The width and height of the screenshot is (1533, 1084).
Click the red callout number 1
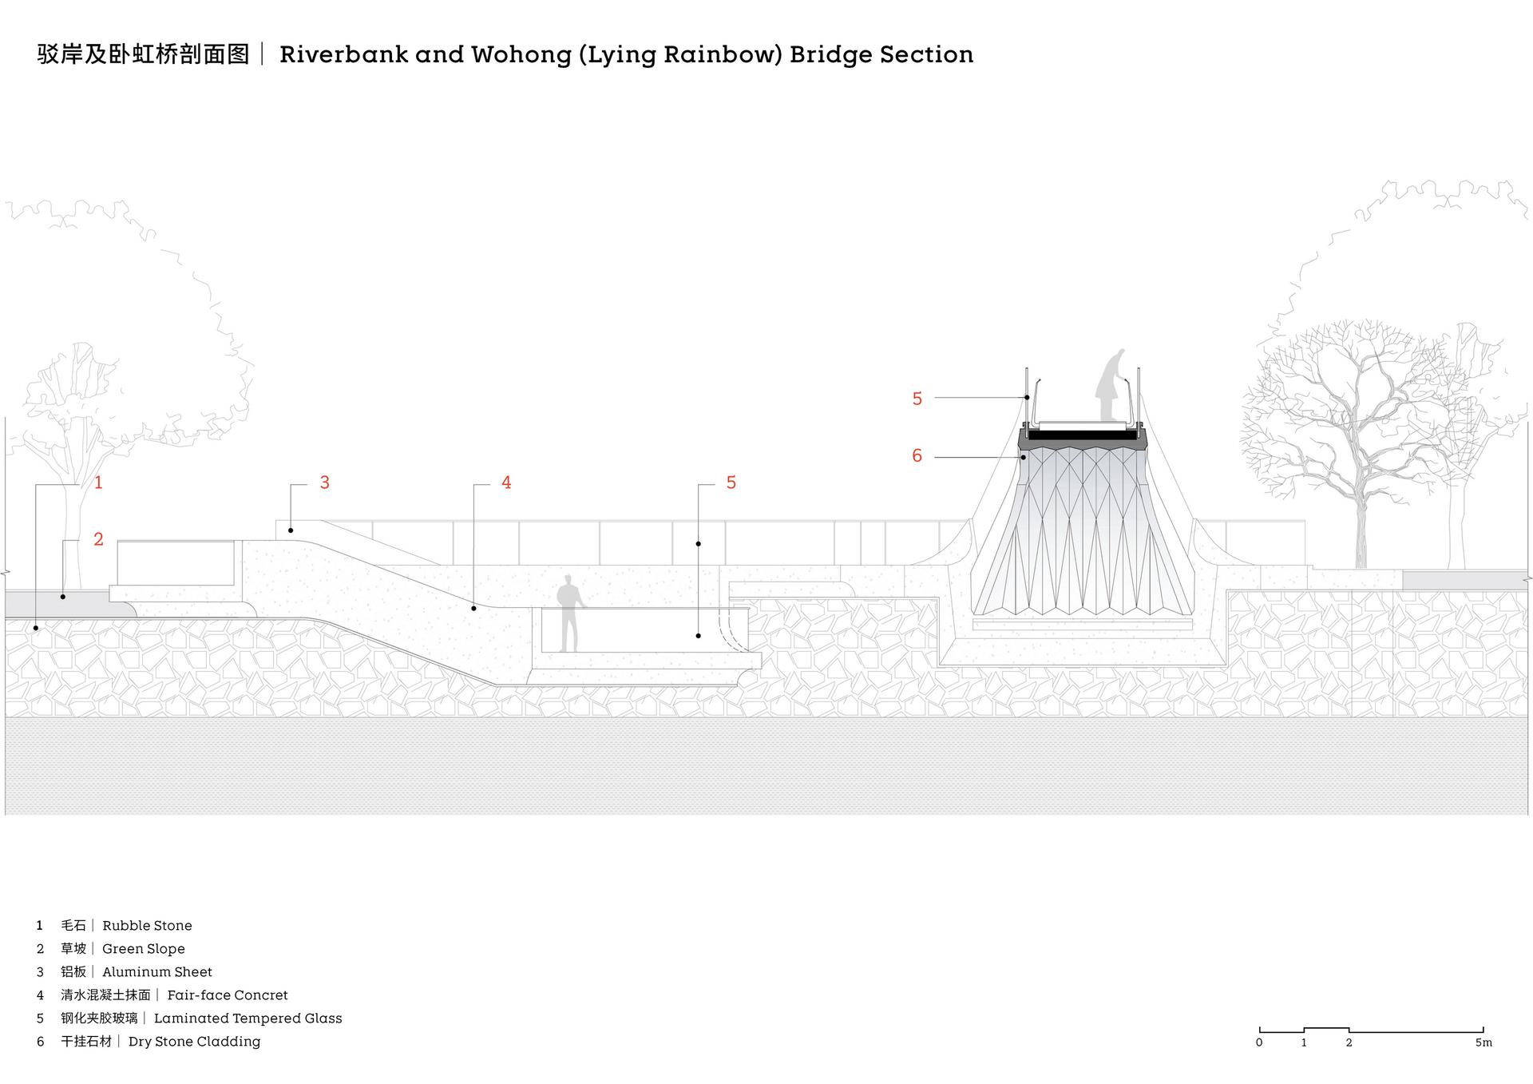tap(98, 482)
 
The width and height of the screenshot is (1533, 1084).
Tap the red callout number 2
tap(98, 539)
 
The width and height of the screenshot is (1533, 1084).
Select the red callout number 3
tap(324, 482)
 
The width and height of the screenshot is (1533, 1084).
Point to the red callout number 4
tap(506, 482)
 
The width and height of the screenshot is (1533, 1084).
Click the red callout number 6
tap(917, 456)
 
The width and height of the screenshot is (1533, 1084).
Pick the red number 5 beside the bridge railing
tap(917, 399)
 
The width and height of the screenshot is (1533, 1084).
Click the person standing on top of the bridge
tap(1114, 384)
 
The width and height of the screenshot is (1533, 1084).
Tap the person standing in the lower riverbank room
tap(568, 613)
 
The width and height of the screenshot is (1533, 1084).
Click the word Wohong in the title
tap(521, 54)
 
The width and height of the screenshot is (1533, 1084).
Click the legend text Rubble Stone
tap(147, 926)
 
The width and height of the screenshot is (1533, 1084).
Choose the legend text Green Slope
tap(144, 949)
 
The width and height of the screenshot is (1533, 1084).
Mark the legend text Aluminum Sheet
tap(157, 972)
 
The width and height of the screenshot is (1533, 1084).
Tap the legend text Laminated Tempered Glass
tap(248, 1018)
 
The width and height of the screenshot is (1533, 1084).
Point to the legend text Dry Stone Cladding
tap(194, 1042)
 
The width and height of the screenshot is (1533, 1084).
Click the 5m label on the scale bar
tap(1483, 1042)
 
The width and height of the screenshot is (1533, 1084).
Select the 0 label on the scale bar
tap(1259, 1042)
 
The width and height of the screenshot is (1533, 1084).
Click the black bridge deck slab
tap(1083, 435)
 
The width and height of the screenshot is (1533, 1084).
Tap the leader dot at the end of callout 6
tap(1023, 458)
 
